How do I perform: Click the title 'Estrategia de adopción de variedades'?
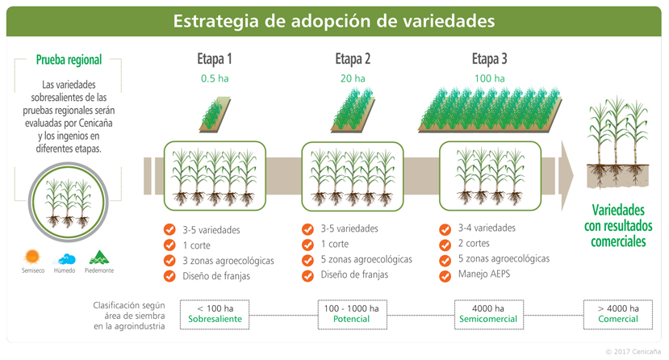coord(334,21)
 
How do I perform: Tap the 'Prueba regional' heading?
coord(69,60)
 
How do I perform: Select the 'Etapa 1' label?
coord(215,59)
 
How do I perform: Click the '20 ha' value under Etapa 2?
coord(353,78)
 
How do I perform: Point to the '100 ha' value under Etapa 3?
coord(489,78)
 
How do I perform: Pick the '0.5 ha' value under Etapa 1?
coord(215,78)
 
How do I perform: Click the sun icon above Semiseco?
coord(32,257)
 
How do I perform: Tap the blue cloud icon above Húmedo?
coord(65,259)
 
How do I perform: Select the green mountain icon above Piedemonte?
coord(99,257)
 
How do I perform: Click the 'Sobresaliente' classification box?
coord(215,314)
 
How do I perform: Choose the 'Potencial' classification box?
coord(352,314)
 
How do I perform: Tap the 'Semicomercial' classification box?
coord(488,314)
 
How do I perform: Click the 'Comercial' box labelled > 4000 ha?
coord(618,314)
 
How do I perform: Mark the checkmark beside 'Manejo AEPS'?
coord(445,276)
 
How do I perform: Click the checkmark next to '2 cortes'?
coord(445,245)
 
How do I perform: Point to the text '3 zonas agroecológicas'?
coord(228,261)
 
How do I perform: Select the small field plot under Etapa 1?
coord(215,114)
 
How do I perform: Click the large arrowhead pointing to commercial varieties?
coord(567,176)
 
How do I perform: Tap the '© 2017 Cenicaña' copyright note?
coord(633,352)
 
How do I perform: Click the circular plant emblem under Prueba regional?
coord(69,202)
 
